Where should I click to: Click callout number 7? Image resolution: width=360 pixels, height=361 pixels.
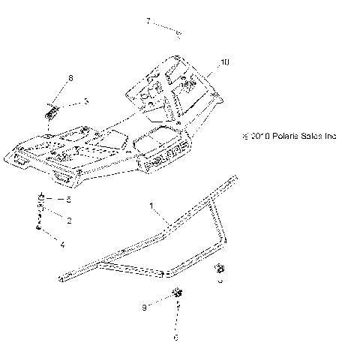pos(148,22)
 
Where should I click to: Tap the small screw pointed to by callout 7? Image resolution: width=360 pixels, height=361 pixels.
pos(179,32)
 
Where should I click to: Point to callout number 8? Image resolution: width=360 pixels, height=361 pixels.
pos(70,78)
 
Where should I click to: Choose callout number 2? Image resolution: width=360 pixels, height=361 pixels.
pos(69,221)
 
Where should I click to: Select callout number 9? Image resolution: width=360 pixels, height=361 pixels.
pos(143,308)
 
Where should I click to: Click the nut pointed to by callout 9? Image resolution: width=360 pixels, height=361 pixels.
pos(178,292)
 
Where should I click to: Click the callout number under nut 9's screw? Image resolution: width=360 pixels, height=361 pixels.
pos(176,338)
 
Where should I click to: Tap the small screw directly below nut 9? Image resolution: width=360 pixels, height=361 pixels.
pos(178,308)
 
